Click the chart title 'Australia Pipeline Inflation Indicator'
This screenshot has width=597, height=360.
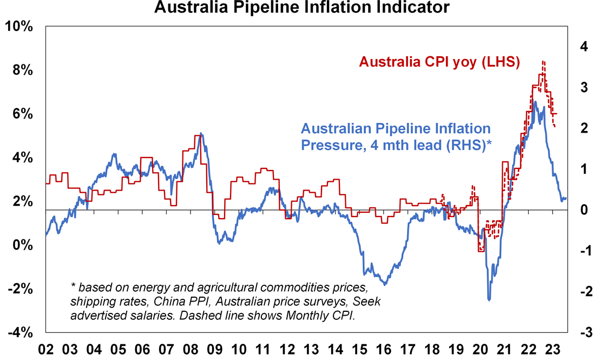pos(301,8)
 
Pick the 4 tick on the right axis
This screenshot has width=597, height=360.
pos(583,47)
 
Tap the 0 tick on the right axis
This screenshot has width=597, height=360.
pos(583,210)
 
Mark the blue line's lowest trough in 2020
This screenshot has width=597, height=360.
pos(489,299)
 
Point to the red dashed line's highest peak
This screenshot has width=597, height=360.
pos(543,62)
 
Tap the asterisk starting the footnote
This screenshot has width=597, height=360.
pos(73,285)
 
